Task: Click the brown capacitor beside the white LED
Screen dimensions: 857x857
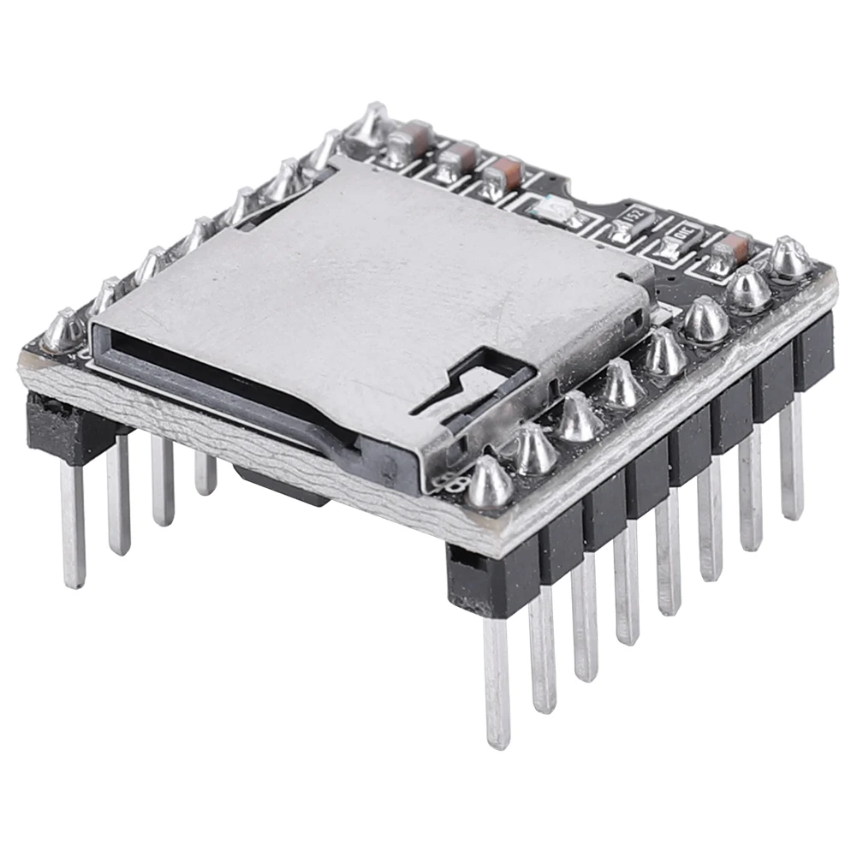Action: [x=504, y=176]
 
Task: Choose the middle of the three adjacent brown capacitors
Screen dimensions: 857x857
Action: [x=456, y=158]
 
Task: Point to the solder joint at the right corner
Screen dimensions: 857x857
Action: [x=789, y=258]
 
